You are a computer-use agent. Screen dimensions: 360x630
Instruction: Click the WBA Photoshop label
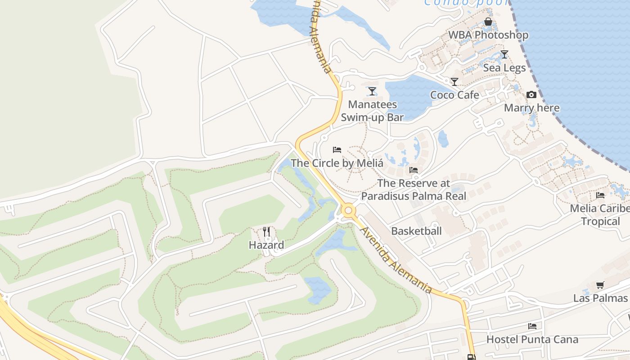(x=488, y=35)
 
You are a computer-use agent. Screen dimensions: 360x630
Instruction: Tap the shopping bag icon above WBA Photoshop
(x=488, y=22)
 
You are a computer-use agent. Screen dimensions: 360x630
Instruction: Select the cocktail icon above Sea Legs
(x=504, y=54)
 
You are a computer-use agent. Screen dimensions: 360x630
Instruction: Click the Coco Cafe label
(x=454, y=95)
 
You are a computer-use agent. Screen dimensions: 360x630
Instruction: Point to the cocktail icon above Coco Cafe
(x=454, y=82)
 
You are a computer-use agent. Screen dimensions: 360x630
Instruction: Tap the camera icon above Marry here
(x=531, y=95)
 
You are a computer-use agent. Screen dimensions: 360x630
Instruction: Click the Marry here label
(x=531, y=108)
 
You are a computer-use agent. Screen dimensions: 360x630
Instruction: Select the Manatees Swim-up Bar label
(x=372, y=111)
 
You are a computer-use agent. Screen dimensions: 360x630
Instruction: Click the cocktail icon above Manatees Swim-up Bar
(x=372, y=91)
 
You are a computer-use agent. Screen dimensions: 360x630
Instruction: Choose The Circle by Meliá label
(x=337, y=163)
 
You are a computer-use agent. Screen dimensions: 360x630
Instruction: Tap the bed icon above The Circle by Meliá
(x=337, y=150)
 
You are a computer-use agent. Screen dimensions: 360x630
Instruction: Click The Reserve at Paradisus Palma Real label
(x=414, y=189)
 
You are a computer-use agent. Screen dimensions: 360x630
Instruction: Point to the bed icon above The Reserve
(x=414, y=170)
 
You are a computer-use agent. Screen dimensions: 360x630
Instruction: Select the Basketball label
(x=416, y=231)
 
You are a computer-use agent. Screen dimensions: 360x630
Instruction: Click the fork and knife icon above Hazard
(x=266, y=232)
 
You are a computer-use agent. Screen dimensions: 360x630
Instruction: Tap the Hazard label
(x=266, y=245)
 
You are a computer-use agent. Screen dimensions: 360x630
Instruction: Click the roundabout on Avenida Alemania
(x=347, y=210)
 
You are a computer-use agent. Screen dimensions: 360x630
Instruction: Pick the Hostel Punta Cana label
(x=532, y=339)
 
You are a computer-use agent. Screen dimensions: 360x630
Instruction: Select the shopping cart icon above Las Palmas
(x=600, y=285)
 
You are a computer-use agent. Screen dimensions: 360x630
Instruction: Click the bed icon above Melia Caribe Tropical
(x=600, y=195)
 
